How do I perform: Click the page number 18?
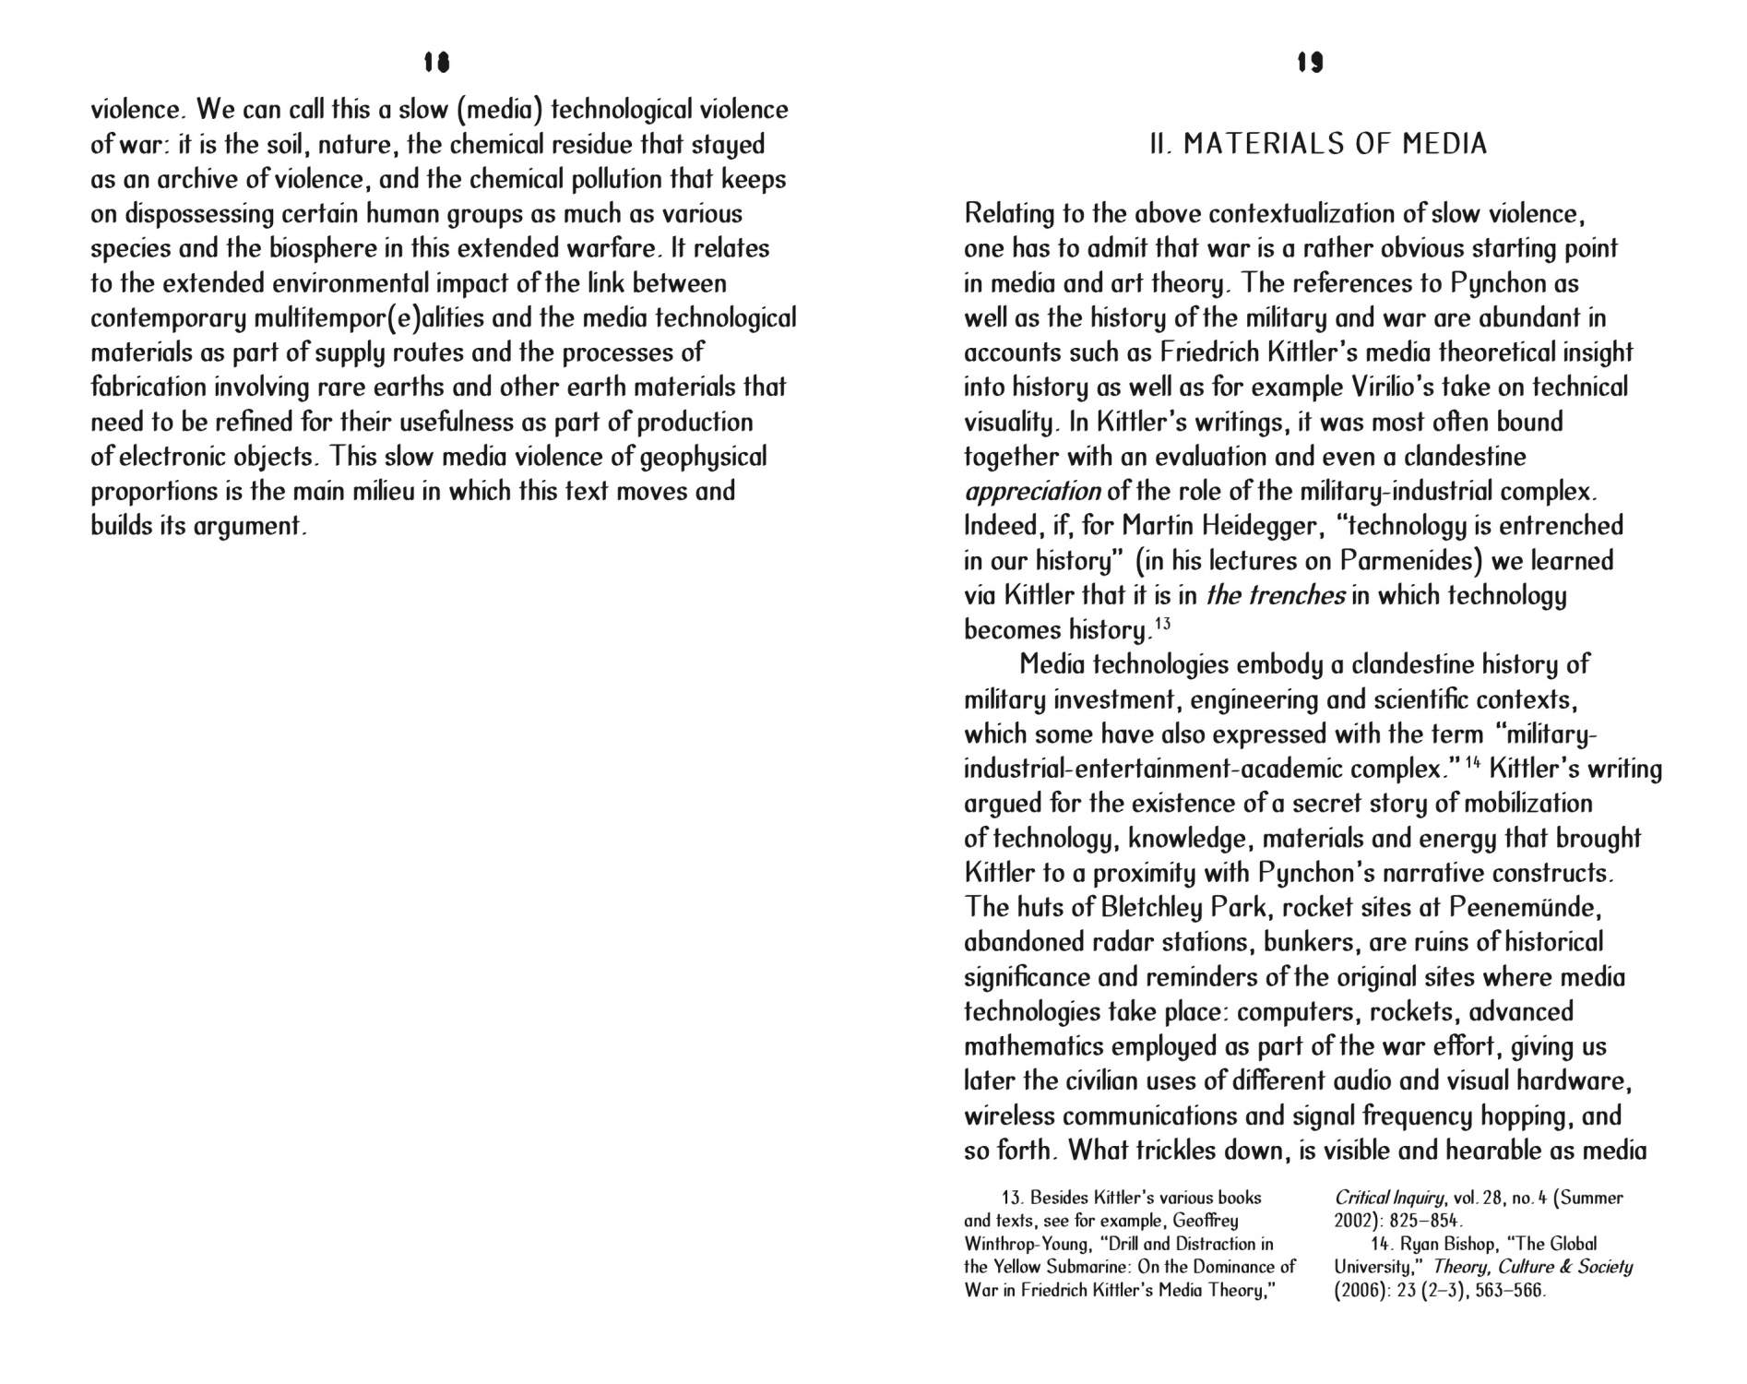[436, 62]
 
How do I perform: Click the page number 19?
[1310, 62]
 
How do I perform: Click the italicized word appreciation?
[1032, 491]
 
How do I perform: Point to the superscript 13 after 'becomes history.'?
[1162, 624]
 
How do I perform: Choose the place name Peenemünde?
[1524, 908]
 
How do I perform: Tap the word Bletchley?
[1151, 908]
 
